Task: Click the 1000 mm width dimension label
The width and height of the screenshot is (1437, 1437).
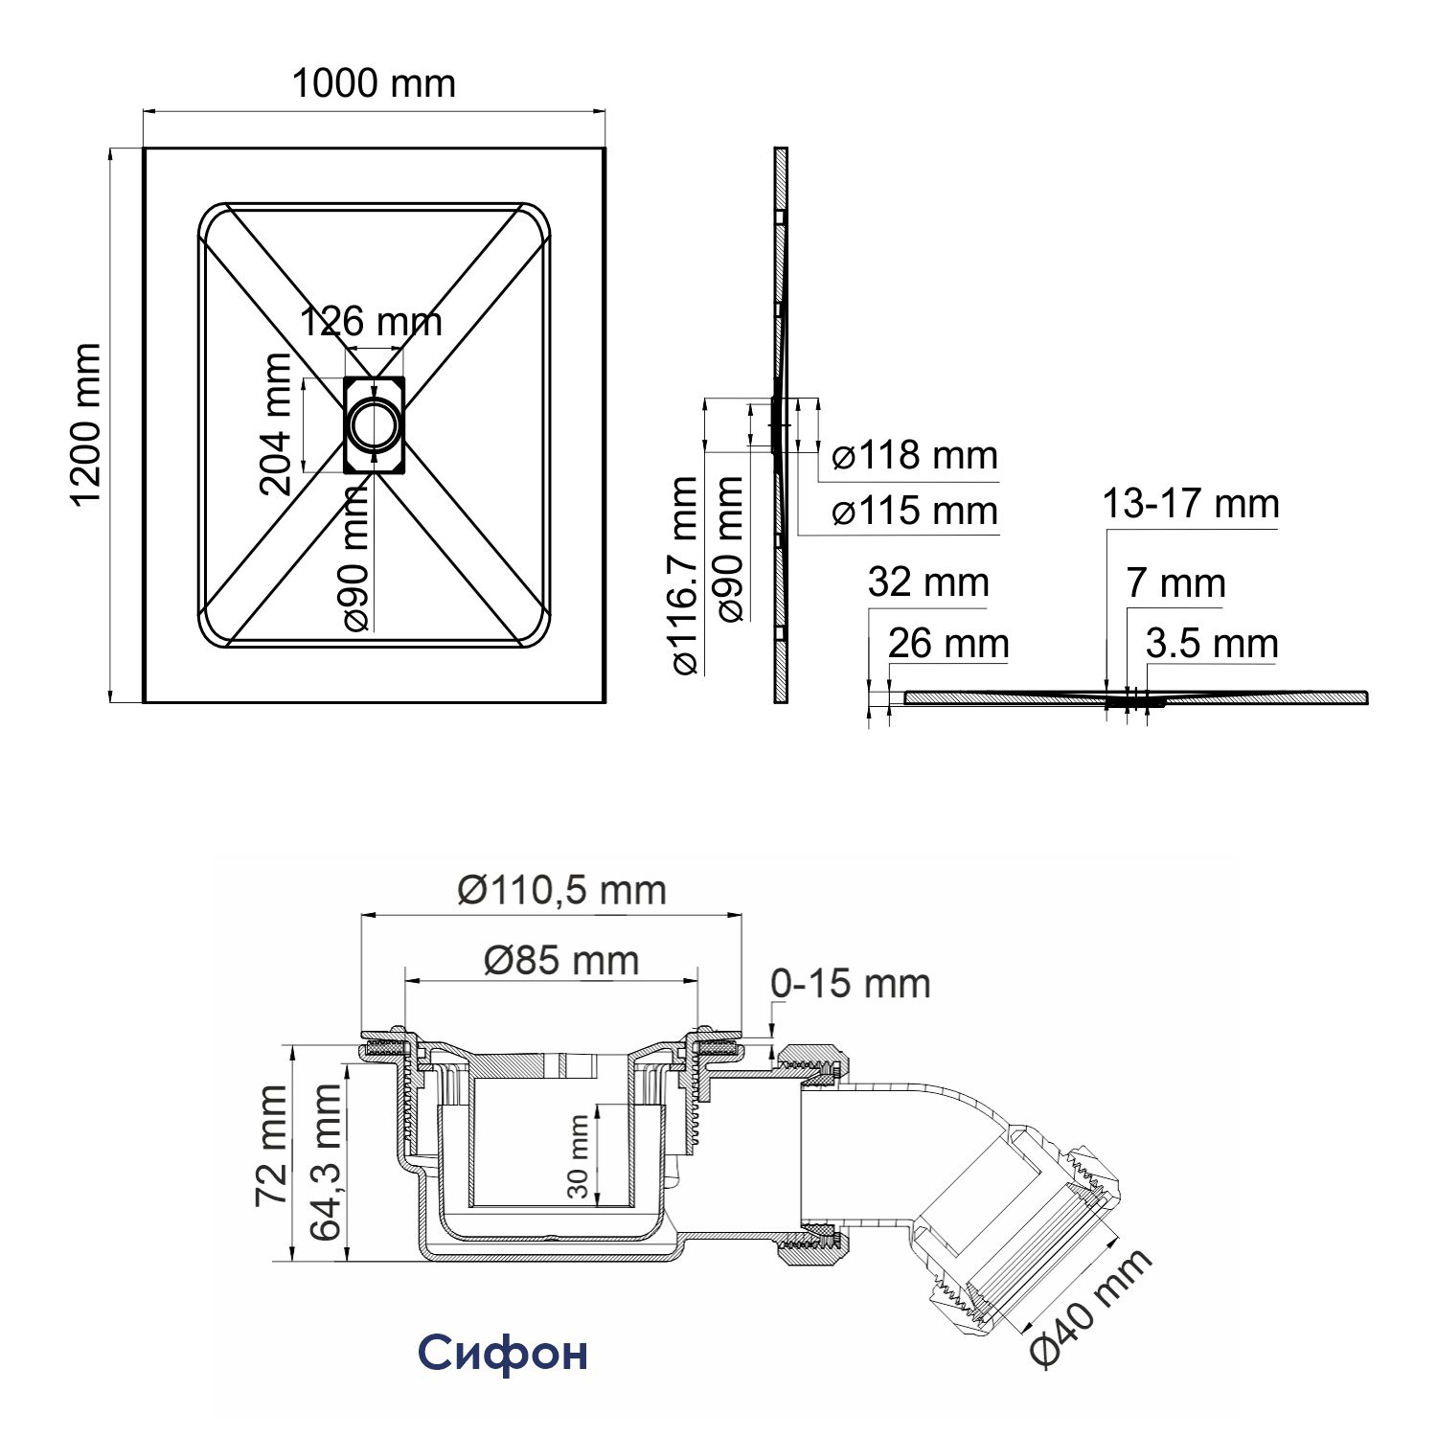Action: pyautogui.click(x=373, y=84)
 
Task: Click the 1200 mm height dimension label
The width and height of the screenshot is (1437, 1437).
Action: pyautogui.click(x=86, y=425)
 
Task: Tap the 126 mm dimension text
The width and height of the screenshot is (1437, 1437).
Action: pyautogui.click(x=372, y=322)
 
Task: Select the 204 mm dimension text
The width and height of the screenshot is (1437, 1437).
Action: pyautogui.click(x=276, y=423)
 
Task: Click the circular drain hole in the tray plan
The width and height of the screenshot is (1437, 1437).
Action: pyautogui.click(x=374, y=424)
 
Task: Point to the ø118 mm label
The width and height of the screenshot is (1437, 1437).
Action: pyautogui.click(x=915, y=456)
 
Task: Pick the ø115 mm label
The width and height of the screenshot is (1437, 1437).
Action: pyautogui.click(x=915, y=512)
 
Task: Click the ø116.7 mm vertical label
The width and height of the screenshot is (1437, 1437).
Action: pyautogui.click(x=685, y=576)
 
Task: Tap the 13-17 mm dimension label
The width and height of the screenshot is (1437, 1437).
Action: pyautogui.click(x=1190, y=504)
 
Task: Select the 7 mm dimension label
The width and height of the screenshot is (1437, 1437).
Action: pyautogui.click(x=1175, y=583)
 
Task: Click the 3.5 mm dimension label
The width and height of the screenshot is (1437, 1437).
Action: pyautogui.click(x=1212, y=644)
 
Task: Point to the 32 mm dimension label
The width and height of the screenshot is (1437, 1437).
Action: pyautogui.click(x=928, y=582)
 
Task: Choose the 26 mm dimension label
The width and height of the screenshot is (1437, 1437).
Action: pyautogui.click(x=948, y=644)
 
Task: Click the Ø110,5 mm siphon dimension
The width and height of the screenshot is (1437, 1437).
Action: pyautogui.click(x=561, y=891)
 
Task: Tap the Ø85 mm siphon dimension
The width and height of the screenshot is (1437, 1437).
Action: pyautogui.click(x=561, y=960)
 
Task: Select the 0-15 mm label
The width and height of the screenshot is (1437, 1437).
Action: pyautogui.click(x=851, y=984)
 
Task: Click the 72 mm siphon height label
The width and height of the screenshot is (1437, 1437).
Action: pyautogui.click(x=271, y=1146)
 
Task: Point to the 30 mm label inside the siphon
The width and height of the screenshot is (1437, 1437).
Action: pyautogui.click(x=578, y=1156)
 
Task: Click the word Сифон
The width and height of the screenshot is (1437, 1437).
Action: pyautogui.click(x=503, y=1353)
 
